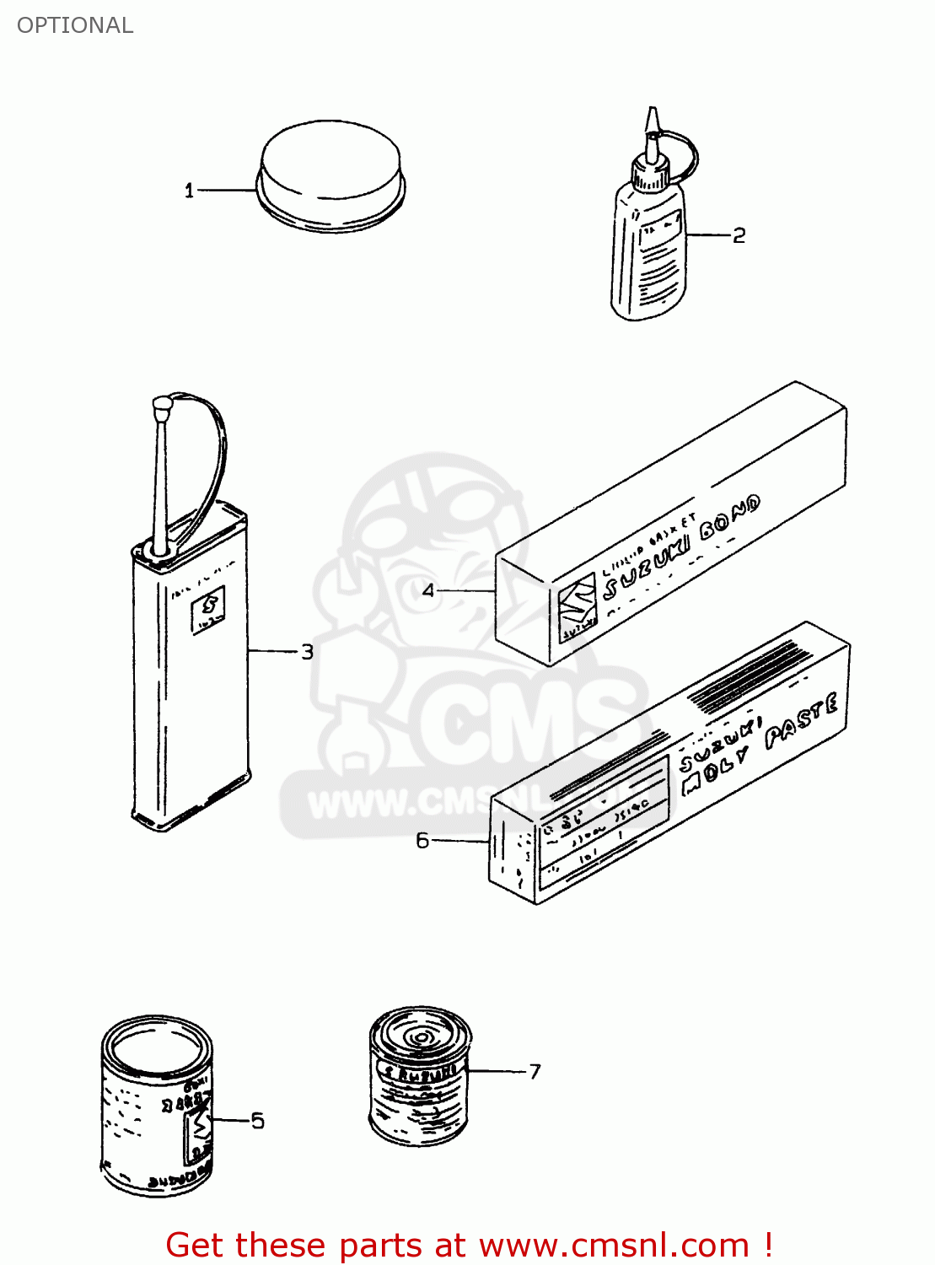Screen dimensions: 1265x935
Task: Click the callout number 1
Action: click(189, 191)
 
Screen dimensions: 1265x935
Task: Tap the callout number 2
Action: click(739, 235)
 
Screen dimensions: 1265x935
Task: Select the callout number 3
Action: click(307, 652)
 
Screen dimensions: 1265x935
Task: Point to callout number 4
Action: click(428, 590)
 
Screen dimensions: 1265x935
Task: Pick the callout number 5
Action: click(257, 1121)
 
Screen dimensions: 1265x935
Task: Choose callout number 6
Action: click(422, 841)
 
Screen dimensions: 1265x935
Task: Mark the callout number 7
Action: click(535, 1072)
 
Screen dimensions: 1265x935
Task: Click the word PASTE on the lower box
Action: click(801, 722)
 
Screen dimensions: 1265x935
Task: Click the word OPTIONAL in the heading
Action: click(75, 25)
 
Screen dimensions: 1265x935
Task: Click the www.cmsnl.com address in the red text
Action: click(614, 1246)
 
